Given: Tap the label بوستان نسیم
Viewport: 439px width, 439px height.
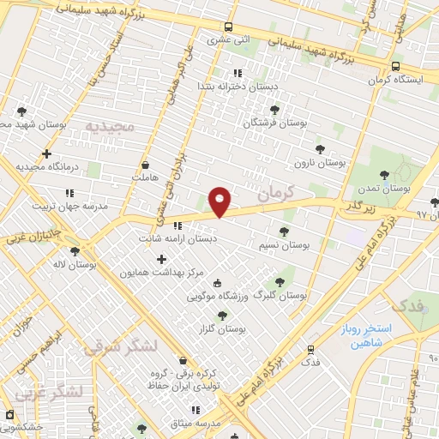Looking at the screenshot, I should tap(283, 245).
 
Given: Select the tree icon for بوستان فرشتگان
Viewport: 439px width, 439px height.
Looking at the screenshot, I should tap(274, 110).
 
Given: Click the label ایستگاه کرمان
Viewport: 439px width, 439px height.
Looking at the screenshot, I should tap(397, 80).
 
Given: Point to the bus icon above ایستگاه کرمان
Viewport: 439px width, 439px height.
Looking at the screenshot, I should tap(396, 66).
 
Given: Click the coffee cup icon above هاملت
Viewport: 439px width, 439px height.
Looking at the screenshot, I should tap(145, 164).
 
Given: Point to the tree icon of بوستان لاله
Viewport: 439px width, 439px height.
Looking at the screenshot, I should tap(75, 250).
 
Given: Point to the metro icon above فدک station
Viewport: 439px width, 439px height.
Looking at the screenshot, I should tap(310, 349).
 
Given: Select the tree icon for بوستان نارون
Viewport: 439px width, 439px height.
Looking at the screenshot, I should tap(320, 148).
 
